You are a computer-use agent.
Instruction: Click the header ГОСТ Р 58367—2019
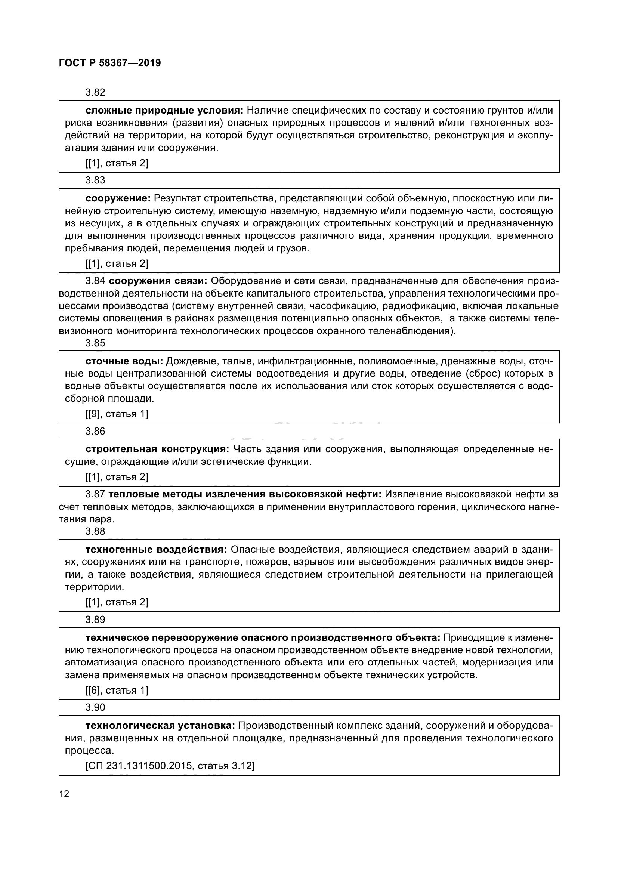click(x=110, y=63)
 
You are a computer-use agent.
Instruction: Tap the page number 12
click(x=64, y=794)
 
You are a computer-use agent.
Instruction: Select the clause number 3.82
click(x=95, y=93)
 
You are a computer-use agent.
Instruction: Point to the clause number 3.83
click(x=95, y=180)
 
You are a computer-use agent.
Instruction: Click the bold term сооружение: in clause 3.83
click(x=118, y=199)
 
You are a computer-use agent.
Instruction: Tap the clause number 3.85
click(x=95, y=343)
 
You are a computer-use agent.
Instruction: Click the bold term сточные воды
click(x=124, y=361)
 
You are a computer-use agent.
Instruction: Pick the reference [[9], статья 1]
click(x=117, y=414)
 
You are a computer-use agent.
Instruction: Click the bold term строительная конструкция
click(x=158, y=449)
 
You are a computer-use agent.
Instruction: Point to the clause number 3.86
click(x=95, y=431)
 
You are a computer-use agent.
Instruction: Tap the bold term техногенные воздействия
click(x=157, y=550)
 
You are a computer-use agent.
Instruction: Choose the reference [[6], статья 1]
click(x=117, y=690)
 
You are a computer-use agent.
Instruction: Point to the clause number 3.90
click(x=95, y=707)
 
